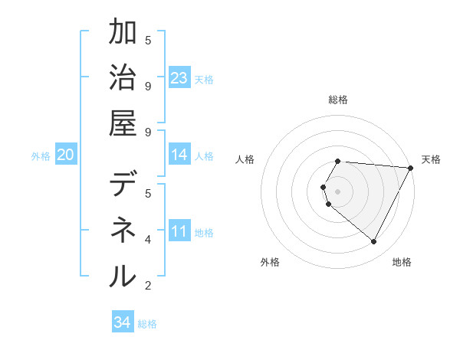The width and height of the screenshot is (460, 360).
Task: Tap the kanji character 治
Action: pos(123,77)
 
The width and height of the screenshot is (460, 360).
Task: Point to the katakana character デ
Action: pos(123,185)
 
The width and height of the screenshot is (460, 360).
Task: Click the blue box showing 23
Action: pos(179,77)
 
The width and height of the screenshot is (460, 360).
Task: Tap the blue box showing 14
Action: pos(179,155)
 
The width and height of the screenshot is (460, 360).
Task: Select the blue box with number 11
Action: pos(179,231)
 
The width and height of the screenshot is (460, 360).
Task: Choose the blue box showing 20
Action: pos(66,155)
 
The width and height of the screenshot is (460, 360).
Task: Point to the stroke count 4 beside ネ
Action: pos(148,240)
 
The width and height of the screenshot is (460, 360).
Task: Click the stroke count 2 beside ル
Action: pos(148,286)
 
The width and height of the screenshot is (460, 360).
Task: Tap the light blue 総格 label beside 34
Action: pos(147,324)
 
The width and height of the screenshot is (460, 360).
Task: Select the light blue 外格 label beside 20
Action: pos(41,156)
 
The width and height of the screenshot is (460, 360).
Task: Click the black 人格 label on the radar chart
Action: pos(245,159)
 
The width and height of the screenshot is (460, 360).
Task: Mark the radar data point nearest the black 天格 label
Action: pos(411,169)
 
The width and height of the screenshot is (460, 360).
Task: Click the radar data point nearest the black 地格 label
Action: pos(374,241)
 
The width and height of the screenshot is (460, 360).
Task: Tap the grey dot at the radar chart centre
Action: pos(338,191)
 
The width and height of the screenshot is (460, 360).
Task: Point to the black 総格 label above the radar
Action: pos(338,100)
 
